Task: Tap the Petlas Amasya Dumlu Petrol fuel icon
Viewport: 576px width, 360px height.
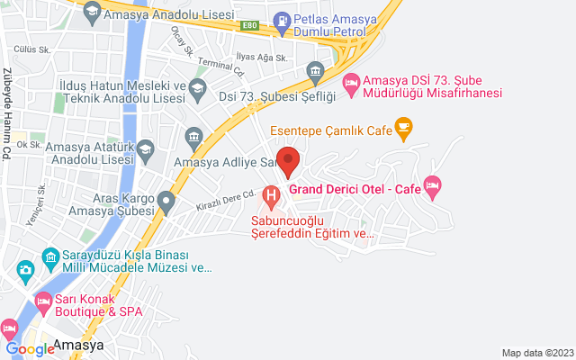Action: (x=283, y=18)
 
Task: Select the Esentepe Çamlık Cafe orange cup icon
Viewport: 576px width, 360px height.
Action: (x=403, y=130)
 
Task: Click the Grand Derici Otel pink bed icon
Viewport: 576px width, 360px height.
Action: (x=433, y=188)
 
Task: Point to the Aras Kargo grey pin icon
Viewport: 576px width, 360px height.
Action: (x=166, y=201)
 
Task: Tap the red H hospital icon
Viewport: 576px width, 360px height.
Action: (x=271, y=194)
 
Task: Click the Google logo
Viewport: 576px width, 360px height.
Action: (x=30, y=349)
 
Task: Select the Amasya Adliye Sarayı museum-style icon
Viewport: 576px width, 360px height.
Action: (x=193, y=138)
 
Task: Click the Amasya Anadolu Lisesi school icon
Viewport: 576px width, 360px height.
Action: (x=91, y=13)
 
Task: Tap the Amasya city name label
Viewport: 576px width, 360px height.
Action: (x=78, y=344)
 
